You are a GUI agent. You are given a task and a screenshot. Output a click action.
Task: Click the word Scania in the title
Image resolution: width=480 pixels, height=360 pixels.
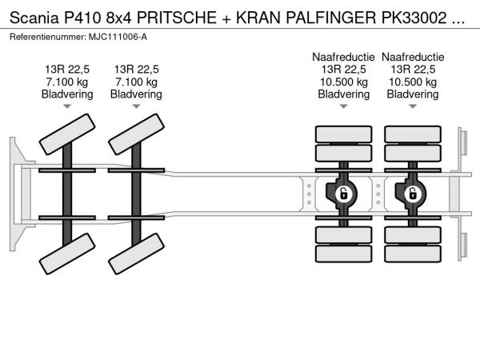pos(34,18)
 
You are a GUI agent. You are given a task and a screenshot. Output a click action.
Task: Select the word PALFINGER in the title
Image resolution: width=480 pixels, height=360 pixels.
pos(330,18)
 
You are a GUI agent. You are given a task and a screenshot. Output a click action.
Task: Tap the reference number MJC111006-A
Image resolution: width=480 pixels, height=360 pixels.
pos(118,37)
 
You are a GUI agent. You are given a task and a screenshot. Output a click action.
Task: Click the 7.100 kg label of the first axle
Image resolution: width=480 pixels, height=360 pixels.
pos(67,82)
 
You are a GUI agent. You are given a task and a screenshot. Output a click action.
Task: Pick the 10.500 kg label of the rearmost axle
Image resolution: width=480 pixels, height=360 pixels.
pos(413,82)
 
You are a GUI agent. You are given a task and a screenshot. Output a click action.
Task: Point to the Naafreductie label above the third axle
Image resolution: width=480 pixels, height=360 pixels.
pos(343,57)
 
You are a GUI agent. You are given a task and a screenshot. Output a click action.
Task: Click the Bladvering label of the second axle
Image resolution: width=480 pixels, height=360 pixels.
pos(136,94)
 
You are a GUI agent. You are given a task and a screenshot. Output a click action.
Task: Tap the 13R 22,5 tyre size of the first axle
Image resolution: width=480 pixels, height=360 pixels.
pos(67,70)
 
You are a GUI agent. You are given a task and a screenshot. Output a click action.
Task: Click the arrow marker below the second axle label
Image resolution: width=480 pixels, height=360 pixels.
pos(136,106)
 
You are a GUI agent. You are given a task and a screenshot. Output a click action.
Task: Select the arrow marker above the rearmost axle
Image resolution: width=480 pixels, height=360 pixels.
pos(413,106)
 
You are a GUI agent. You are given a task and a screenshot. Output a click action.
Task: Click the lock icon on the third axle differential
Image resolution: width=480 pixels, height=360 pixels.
pos(343,194)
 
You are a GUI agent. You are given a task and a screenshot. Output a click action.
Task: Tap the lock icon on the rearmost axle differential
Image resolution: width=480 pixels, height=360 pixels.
pos(413,194)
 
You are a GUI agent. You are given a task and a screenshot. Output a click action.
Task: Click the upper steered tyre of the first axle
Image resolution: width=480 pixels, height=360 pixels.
pos(67,134)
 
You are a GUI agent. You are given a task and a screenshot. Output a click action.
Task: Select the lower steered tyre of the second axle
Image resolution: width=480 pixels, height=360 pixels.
pos(136,254)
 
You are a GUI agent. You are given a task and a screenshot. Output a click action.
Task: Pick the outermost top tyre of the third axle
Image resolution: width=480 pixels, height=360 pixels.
pos(343,134)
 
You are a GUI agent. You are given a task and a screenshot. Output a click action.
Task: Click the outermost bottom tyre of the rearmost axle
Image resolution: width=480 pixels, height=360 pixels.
pos(413,254)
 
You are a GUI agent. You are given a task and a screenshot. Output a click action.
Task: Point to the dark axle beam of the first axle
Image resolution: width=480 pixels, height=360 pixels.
pos(67,194)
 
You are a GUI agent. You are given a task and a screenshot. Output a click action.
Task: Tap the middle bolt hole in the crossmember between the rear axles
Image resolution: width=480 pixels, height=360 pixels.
pos(378,194)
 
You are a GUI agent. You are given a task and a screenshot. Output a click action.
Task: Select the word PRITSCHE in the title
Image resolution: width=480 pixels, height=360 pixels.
pos(177,18)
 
